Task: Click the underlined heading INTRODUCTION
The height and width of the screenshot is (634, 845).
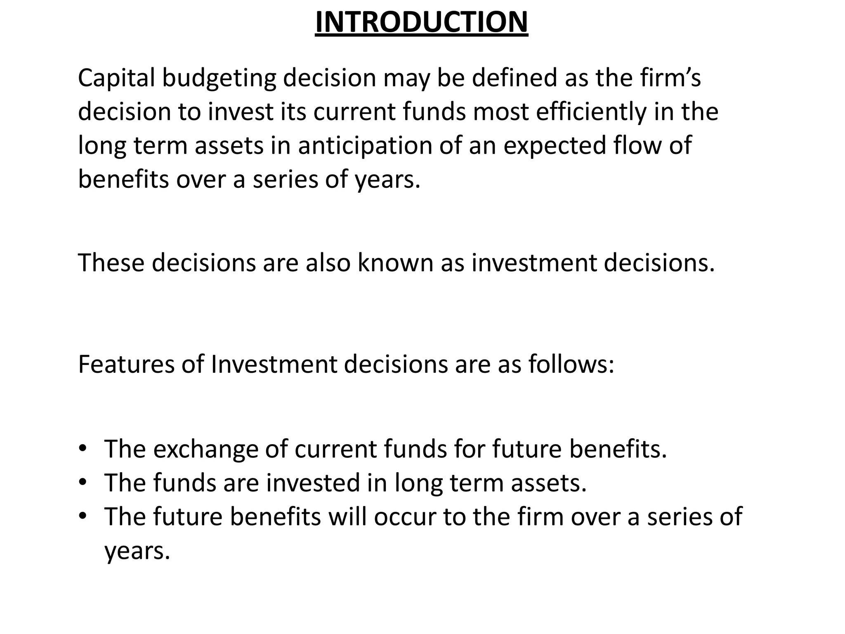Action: point(421,22)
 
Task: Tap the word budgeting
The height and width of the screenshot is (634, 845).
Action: point(219,78)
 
